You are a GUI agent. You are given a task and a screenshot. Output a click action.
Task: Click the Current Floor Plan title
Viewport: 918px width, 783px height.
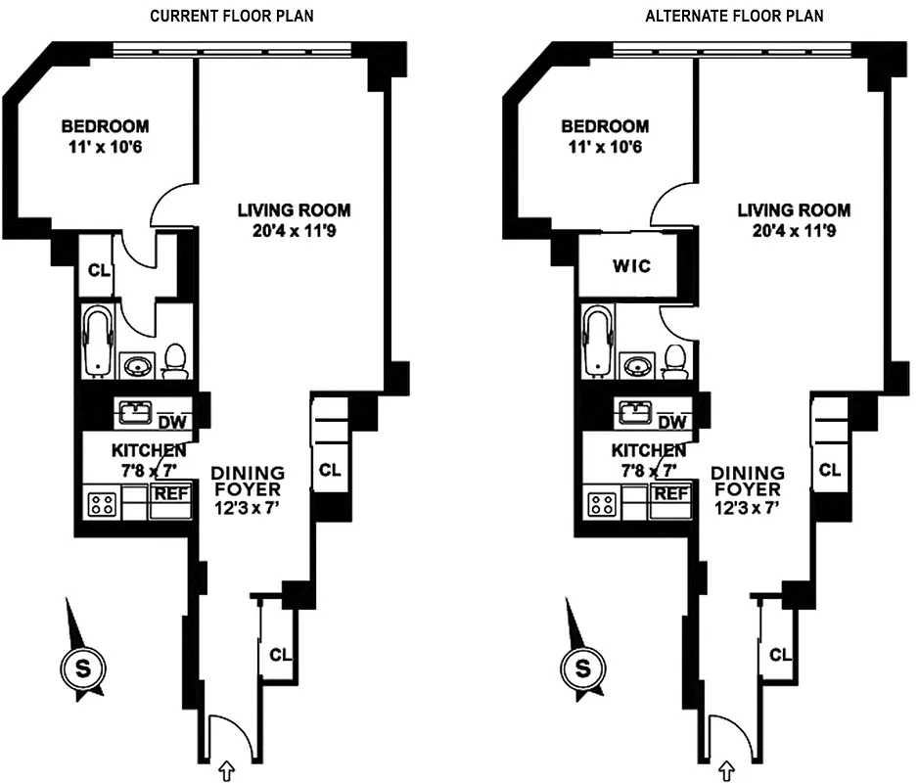coord(232,16)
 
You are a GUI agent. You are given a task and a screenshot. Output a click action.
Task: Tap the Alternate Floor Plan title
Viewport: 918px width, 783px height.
coord(733,16)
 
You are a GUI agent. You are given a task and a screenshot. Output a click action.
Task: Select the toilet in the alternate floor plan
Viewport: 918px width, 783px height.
coord(675,361)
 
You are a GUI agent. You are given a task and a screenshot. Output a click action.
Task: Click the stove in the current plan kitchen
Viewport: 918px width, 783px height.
coord(101,504)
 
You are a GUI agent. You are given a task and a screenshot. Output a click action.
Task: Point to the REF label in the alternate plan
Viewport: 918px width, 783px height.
coord(671,493)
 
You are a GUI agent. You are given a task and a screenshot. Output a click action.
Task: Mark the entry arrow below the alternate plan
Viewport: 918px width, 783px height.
coord(728,771)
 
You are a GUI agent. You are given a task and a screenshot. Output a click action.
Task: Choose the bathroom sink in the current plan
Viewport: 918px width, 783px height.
coord(137,366)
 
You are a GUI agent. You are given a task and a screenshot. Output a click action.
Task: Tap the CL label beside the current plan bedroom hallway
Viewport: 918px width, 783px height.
coord(97,271)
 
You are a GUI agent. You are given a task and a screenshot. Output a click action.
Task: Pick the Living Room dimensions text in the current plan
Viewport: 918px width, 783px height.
coord(295,231)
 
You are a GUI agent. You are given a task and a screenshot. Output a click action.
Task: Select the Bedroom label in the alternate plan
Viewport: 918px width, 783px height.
coord(605,126)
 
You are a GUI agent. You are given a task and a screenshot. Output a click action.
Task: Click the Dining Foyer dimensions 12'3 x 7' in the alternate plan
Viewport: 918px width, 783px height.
coord(747,507)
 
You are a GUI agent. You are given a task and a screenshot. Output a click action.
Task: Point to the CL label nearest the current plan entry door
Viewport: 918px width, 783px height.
coord(280,654)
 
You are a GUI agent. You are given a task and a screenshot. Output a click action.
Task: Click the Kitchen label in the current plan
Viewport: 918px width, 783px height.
coord(149,451)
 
